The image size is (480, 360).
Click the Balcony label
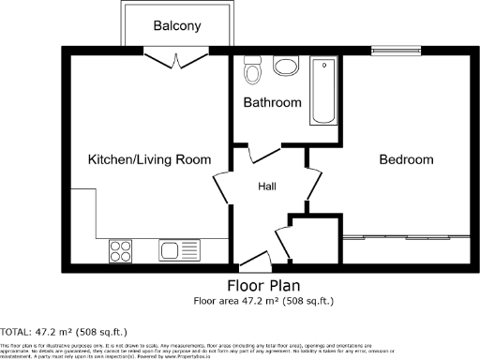point(177,26)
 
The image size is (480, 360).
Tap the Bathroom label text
point(272,102)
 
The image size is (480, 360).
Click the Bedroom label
point(408,159)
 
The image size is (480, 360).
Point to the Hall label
point(267,187)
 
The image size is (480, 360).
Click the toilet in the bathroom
point(250,70)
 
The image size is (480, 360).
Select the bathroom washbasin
point(285,66)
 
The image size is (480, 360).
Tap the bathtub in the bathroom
point(324,91)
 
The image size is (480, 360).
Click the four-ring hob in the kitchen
point(121,249)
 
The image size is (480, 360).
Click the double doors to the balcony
point(177,58)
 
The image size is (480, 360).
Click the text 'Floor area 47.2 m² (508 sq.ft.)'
point(263,302)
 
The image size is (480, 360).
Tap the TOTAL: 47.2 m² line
point(63,332)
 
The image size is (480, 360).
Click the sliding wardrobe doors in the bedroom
point(408,237)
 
